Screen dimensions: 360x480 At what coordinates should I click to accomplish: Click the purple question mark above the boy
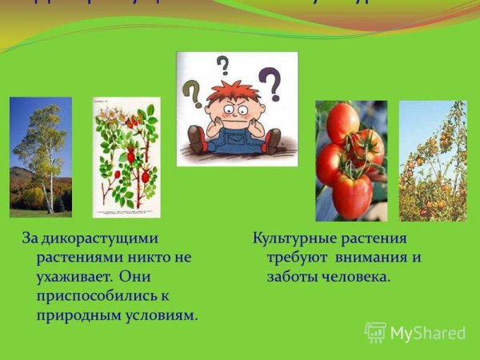pos(272,82)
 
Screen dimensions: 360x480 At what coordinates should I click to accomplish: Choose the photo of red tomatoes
pos(350,160)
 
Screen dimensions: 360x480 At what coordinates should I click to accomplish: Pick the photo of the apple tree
pos(432,160)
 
